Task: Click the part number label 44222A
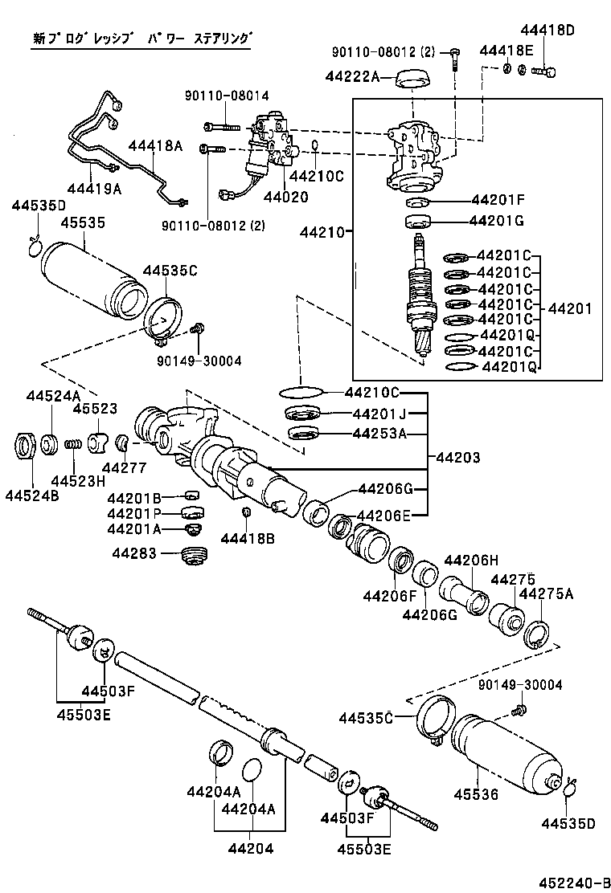click(351, 76)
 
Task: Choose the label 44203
click(458, 458)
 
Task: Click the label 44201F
click(498, 200)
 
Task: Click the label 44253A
click(379, 434)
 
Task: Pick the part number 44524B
click(31, 495)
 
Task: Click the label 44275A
click(546, 593)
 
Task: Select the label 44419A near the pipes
click(94, 189)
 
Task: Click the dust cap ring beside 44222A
click(412, 79)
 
